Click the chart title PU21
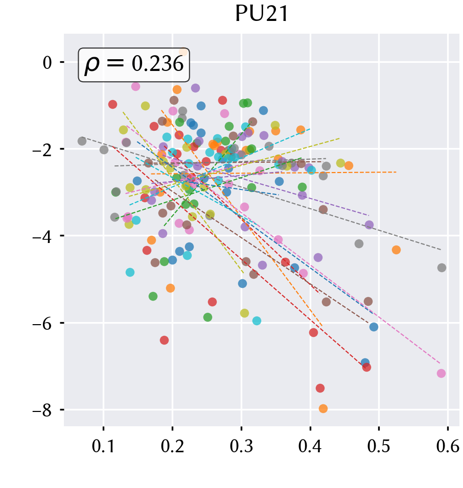(262, 14)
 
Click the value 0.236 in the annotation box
(158, 64)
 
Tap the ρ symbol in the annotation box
(92, 65)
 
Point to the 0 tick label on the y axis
(47, 63)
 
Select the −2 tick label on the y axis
(42, 150)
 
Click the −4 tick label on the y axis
(42, 237)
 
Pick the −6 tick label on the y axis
(42, 324)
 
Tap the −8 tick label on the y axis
(42, 410)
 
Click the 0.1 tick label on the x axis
(103, 446)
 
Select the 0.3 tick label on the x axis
(241, 446)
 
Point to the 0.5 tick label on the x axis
(379, 446)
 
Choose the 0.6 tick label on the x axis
(448, 446)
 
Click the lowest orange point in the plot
(323, 409)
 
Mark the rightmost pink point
(441, 374)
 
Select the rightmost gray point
(442, 267)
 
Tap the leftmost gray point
(82, 141)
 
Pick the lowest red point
(320, 388)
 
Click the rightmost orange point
(396, 250)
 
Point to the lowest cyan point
(257, 321)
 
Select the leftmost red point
(112, 104)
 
